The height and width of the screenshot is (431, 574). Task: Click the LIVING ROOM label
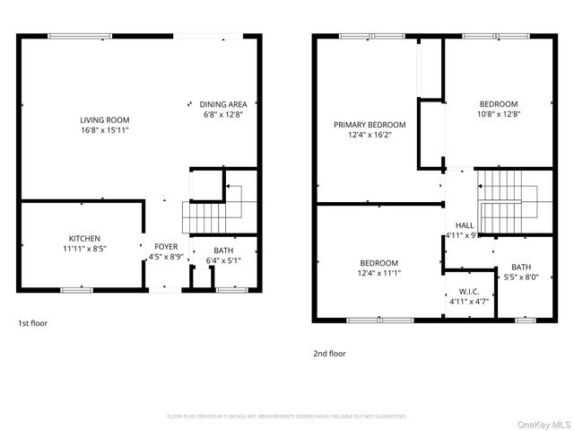(105, 119)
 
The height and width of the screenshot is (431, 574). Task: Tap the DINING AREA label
(223, 104)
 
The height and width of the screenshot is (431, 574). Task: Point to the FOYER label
(167, 246)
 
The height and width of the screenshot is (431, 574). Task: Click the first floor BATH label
(224, 251)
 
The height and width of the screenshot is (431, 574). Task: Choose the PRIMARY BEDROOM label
(370, 125)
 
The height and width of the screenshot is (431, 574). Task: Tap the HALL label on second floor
(465, 225)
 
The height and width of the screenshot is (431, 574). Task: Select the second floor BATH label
(521, 267)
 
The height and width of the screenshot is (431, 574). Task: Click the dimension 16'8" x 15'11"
(105, 130)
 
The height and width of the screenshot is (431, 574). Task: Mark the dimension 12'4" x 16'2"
(370, 136)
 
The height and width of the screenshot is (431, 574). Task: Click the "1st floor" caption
(32, 322)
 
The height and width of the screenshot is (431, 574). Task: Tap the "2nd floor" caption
(329, 354)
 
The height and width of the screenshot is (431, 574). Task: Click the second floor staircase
(508, 201)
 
